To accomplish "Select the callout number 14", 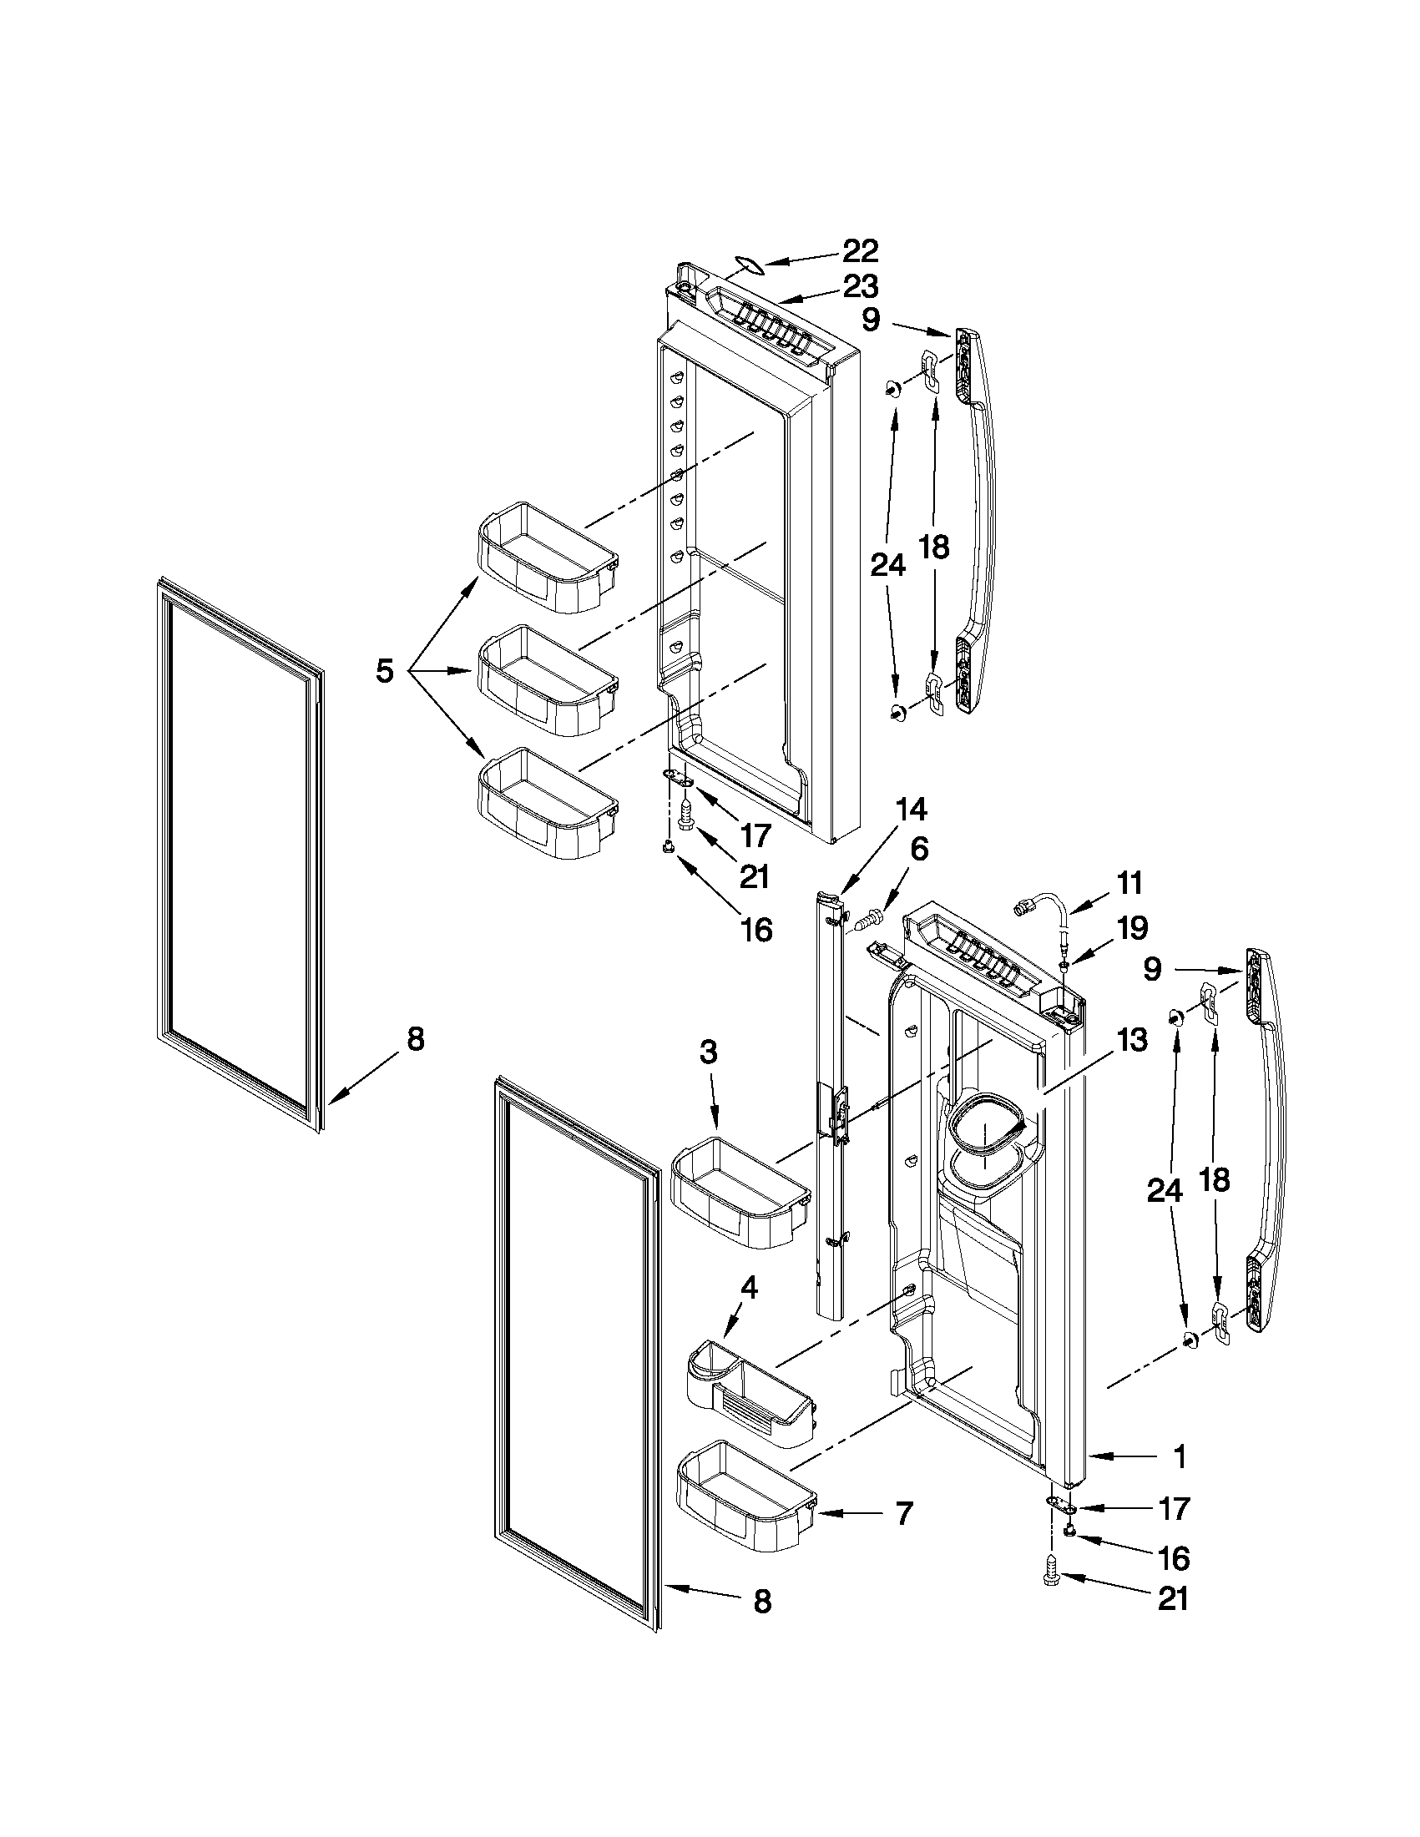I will point(910,809).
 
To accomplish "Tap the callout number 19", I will point(1131,928).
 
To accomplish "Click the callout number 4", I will point(748,1288).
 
